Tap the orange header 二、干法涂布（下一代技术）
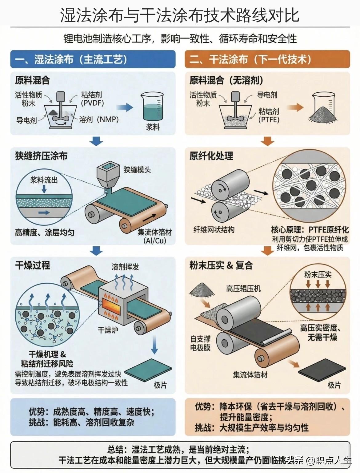pyautogui.click(x=267, y=59)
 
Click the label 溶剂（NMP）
pyautogui.click(x=99, y=119)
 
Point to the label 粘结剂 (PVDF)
pyautogui.click(x=92, y=99)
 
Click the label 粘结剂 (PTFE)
pyautogui.click(x=269, y=115)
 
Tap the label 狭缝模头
pyautogui.click(x=137, y=170)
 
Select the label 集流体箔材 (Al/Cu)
pyautogui.click(x=154, y=236)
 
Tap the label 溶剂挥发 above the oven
pyautogui.click(x=125, y=267)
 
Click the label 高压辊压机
pyautogui.click(x=243, y=289)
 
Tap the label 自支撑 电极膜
pyautogui.click(x=200, y=343)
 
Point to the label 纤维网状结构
pyautogui.click(x=214, y=230)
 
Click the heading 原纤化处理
pyautogui.click(x=211, y=156)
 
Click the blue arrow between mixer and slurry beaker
pyautogui.click(x=124, y=107)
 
